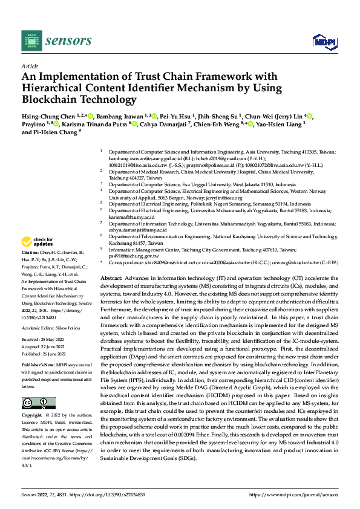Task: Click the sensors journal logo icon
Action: (30, 40)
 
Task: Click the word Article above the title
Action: (29, 66)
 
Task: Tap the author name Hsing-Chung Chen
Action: (44, 115)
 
